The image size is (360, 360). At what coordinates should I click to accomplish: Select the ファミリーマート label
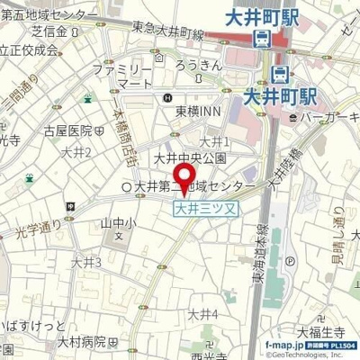[x=125, y=75]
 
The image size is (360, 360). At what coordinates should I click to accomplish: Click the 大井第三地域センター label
[x=202, y=185]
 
